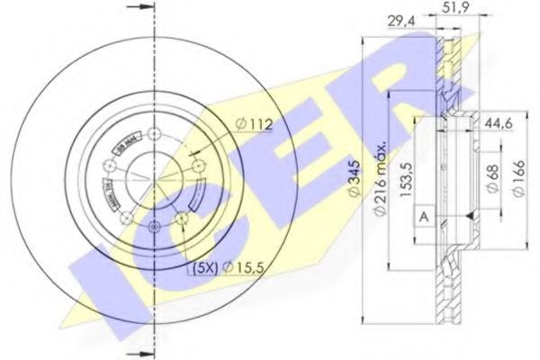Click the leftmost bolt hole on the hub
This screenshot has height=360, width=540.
[110, 166]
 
